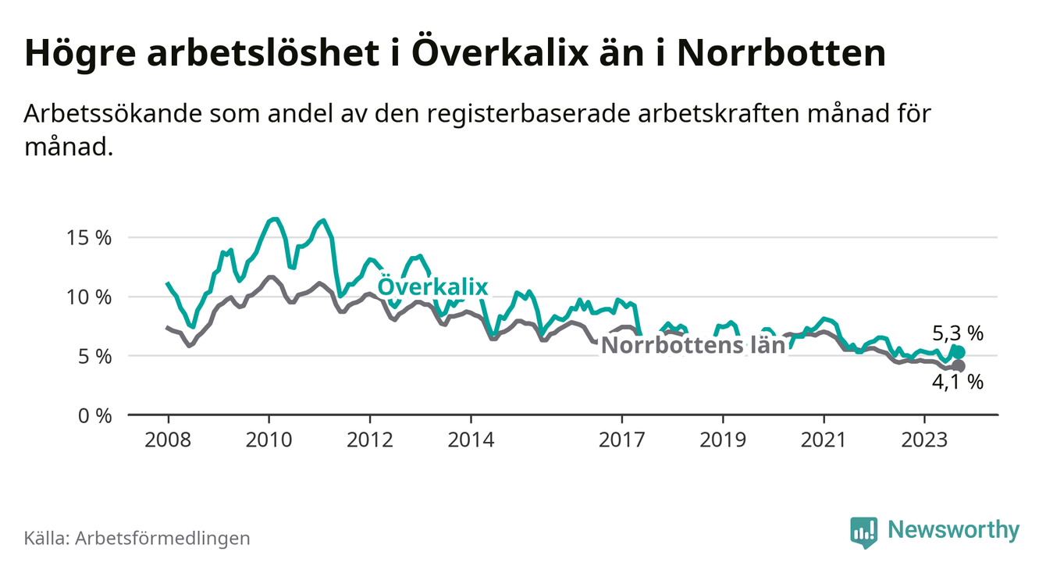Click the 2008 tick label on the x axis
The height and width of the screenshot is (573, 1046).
[x=168, y=440]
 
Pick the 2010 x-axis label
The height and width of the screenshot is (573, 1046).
[x=269, y=440]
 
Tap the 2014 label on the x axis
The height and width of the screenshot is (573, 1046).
[x=471, y=440]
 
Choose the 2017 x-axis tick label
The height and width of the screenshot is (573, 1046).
[x=622, y=440]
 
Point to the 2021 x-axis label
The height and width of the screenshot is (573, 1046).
[x=824, y=440]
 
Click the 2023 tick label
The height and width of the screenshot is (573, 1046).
[x=925, y=440]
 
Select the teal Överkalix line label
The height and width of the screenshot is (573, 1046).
[x=432, y=287]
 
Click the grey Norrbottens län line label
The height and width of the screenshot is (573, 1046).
[x=693, y=345]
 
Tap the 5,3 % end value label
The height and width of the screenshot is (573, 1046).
[x=957, y=333]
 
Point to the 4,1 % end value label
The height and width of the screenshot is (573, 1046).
[x=957, y=382]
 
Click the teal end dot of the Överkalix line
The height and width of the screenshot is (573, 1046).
[x=959, y=353]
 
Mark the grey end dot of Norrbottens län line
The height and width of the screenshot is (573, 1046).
[x=959, y=366]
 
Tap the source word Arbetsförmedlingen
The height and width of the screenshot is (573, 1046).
[x=162, y=538]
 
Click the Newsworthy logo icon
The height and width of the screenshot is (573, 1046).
[x=863, y=532]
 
